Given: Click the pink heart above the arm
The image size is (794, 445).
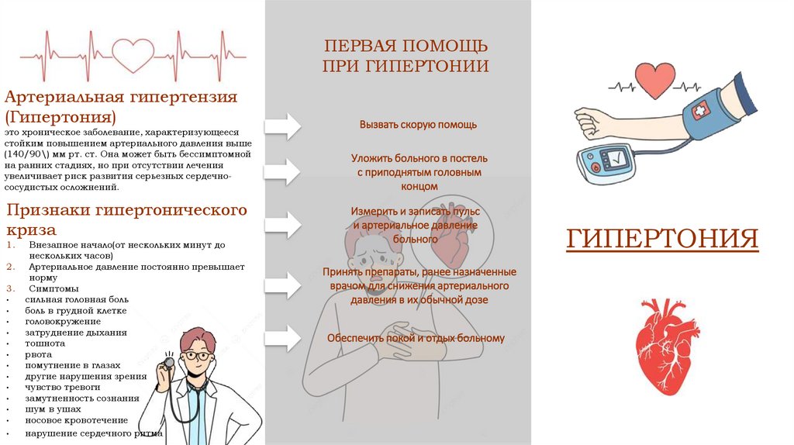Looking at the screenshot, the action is click(655, 80).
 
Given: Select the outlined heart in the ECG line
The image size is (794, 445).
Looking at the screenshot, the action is click(133, 54).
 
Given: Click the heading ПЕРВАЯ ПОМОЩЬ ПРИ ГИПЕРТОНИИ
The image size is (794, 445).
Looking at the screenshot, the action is click(406, 55).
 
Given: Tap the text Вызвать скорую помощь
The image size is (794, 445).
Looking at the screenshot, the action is click(418, 124).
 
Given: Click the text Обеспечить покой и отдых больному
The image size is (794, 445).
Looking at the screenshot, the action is click(416, 338).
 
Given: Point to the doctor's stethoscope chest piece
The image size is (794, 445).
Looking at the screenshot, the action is click(168, 362).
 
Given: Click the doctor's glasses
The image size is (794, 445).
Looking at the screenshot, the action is click(198, 356).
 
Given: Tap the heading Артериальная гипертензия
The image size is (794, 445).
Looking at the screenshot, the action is click(121, 98).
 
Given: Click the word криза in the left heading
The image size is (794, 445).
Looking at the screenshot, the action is click(31, 230).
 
